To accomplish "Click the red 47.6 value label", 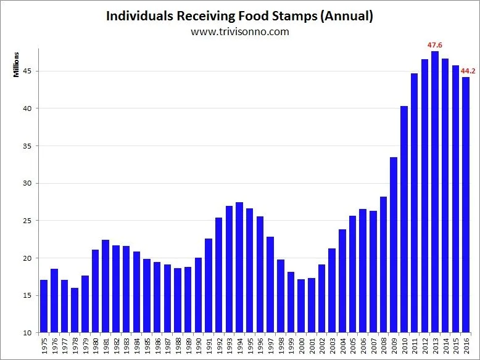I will click(436, 45).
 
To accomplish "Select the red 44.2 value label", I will click(468, 71).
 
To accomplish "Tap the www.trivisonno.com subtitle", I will click(239, 31).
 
